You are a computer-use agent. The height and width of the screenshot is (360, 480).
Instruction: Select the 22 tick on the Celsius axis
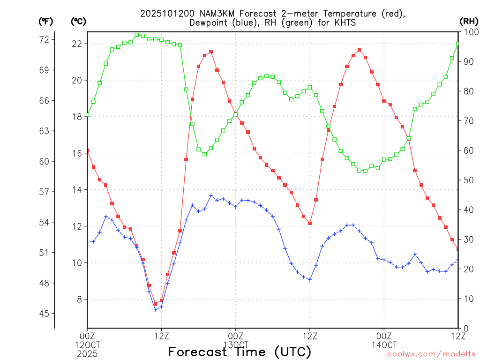[77, 44]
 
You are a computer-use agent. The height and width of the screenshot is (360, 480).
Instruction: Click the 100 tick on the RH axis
[469, 32]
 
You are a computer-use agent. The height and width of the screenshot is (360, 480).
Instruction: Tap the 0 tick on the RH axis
[465, 328]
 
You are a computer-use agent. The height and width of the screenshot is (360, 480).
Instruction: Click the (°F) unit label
[45, 21]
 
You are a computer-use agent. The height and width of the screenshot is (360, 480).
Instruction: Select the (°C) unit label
[78, 21]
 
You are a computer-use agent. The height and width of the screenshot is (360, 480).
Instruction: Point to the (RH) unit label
[469, 21]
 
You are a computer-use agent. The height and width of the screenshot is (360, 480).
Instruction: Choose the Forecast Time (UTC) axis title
[240, 352]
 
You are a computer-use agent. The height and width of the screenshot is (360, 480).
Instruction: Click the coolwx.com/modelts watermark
[431, 354]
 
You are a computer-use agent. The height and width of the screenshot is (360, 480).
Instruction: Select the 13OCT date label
[235, 345]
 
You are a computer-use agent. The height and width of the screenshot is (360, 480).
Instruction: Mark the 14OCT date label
[384, 345]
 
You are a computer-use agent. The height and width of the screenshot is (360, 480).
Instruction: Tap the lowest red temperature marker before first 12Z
[155, 304]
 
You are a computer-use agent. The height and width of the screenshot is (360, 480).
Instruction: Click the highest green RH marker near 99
[137, 35]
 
